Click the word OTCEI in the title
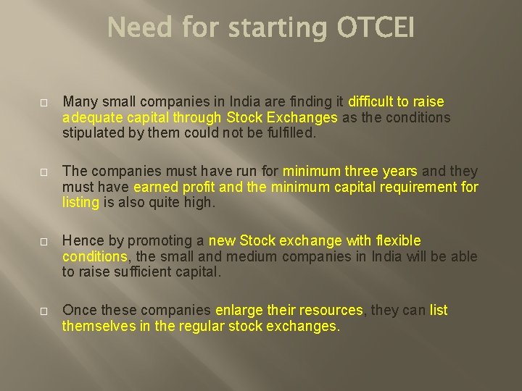376,28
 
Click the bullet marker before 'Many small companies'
43,102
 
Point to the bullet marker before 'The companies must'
43,172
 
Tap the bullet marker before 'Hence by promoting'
43,241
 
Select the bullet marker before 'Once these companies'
43,311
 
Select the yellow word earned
156,188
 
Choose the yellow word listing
80,203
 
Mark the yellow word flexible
398,240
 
